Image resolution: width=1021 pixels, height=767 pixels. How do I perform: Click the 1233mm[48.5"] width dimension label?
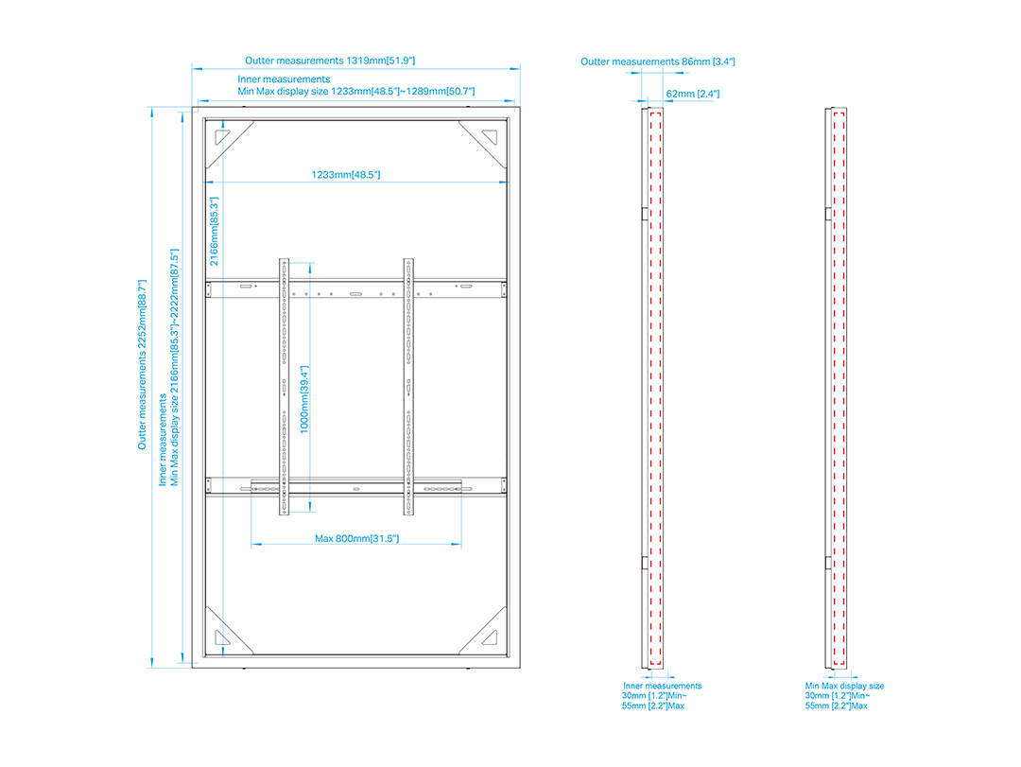pos(345,175)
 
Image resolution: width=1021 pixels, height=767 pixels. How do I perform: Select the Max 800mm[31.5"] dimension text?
pos(356,538)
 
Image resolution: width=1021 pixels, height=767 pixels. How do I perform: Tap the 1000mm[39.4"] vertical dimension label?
pos(304,399)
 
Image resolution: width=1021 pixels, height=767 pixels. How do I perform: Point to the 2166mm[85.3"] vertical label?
pos(215,232)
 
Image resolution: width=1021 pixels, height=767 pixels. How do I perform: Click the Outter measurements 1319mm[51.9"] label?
pos(330,61)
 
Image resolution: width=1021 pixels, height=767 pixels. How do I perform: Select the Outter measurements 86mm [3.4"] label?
pos(658,61)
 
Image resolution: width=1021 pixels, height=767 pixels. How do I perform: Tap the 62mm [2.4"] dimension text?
pos(692,94)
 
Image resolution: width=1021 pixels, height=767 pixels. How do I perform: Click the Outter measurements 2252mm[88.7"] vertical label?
pos(142,365)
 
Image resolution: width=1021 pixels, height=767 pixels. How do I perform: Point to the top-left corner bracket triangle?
pos(222,137)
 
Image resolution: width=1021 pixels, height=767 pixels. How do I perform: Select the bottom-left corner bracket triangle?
pos(222,636)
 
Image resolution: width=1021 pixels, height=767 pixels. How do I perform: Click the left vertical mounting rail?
pos(284,387)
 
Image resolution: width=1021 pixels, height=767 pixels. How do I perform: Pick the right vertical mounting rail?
pos(408,387)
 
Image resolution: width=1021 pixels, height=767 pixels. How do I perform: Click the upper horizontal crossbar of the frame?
pos(355,289)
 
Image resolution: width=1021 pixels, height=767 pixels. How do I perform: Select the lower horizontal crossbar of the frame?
pos(355,485)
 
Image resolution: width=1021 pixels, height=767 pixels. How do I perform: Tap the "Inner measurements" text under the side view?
pos(662,686)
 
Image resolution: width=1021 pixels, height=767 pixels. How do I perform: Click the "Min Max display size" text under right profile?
pos(844,686)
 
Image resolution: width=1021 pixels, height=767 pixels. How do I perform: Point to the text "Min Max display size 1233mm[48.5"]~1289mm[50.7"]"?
pos(356,91)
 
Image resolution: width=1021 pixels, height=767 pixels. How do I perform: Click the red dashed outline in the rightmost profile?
pos(839,389)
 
